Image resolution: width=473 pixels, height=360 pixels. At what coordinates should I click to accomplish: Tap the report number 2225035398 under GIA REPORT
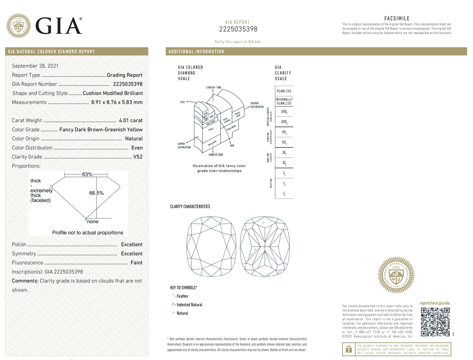coord(238,29)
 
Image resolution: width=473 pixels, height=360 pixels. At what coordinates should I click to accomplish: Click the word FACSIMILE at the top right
coord(396,18)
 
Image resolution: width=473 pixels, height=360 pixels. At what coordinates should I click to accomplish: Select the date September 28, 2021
coord(35,66)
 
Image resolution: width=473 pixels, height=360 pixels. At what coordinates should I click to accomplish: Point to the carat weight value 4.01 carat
coord(131,120)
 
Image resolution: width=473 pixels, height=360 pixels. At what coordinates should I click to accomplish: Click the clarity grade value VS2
coord(138,157)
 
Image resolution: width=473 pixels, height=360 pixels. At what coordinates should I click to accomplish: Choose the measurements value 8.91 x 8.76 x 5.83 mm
coord(117,102)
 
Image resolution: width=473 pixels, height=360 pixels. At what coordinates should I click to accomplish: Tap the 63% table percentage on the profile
coord(87,175)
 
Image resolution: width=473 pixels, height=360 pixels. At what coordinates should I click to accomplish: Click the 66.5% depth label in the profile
coord(96,193)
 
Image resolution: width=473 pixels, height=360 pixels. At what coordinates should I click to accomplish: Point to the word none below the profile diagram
coord(93,222)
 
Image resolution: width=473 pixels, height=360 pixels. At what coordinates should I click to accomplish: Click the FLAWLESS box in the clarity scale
coord(284,91)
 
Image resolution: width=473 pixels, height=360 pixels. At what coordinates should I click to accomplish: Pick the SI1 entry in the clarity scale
coord(284,153)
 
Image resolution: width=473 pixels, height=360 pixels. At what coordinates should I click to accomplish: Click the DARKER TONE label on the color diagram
coord(216,155)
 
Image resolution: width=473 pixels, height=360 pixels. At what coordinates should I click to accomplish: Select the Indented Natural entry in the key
coord(189,305)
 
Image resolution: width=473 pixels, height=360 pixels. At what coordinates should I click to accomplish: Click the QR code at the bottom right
coord(435,322)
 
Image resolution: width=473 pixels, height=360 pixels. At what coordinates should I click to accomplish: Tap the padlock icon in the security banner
coord(348,349)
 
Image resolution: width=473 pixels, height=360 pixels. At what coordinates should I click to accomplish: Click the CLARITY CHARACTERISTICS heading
coord(190,207)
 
